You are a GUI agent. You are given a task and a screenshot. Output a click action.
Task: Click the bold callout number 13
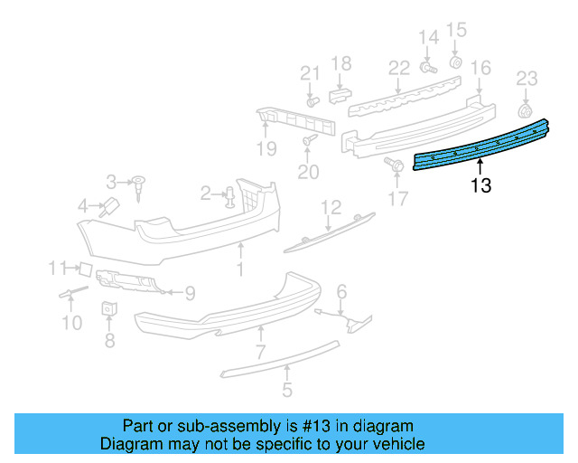coord(480,186)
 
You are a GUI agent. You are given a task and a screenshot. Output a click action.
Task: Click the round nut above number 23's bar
coord(525,110)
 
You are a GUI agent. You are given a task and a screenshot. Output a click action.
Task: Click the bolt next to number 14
coord(428,67)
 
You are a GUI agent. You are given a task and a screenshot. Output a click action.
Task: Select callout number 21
coord(310,73)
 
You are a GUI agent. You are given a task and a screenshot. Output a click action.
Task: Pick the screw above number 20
coord(309,140)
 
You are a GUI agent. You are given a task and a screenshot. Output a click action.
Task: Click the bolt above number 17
coord(394,164)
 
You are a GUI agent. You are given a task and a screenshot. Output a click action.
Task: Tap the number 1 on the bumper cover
coord(240,269)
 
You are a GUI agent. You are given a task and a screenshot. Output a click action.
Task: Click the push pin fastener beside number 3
coord(141,185)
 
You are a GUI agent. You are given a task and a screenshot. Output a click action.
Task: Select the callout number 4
coord(84,206)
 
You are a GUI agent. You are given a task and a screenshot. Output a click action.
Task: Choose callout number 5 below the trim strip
coord(287,391)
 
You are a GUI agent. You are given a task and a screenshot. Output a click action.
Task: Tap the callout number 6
coord(341,290)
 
